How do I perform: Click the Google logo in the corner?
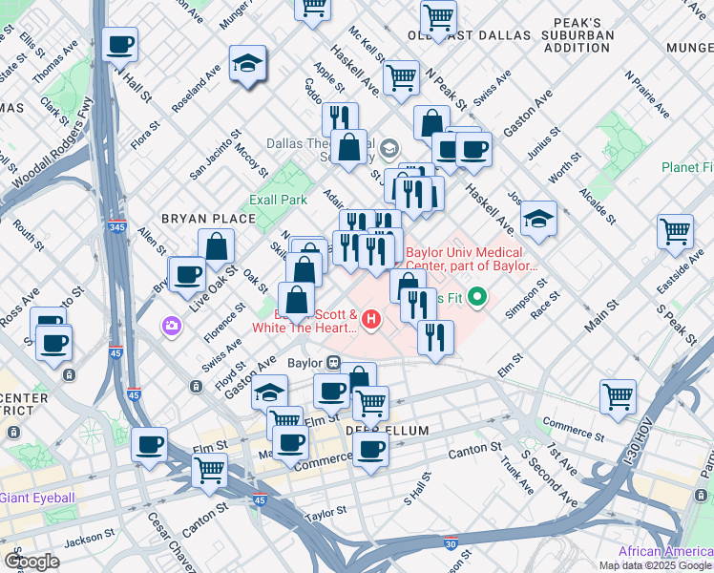click(x=31, y=562)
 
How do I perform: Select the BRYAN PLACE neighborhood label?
click(x=208, y=219)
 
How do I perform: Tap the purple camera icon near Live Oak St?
click(x=173, y=326)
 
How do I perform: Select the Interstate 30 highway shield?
click(x=451, y=544)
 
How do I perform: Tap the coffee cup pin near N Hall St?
click(x=120, y=45)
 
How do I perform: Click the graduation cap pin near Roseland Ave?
click(x=247, y=64)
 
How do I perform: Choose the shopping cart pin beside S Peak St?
click(x=675, y=231)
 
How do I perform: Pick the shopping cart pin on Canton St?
click(x=209, y=469)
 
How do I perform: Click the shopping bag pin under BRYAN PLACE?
click(x=217, y=245)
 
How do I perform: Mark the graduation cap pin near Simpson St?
click(x=538, y=219)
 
